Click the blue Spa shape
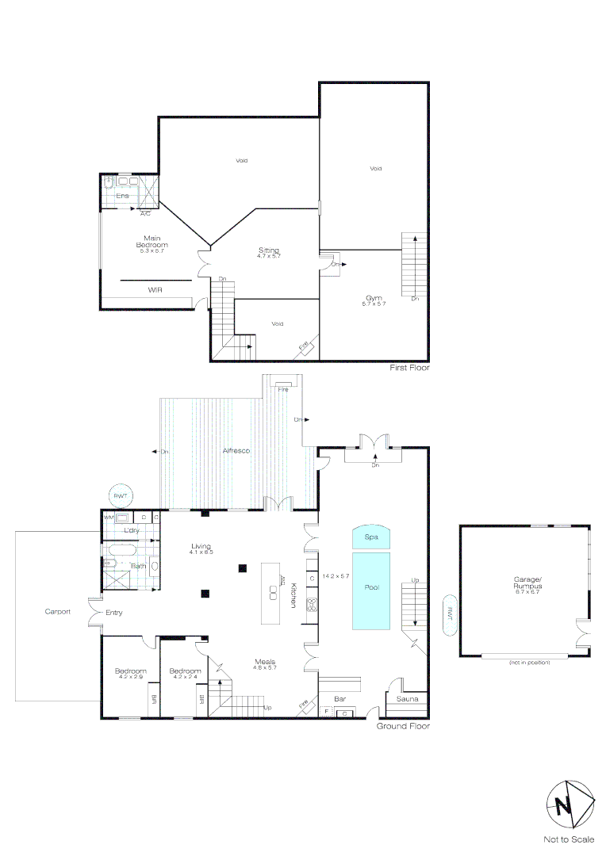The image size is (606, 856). (370, 537)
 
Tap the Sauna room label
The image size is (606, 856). (407, 698)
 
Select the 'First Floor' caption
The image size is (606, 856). (409, 368)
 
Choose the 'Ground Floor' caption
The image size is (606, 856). (403, 725)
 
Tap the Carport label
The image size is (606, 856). (57, 611)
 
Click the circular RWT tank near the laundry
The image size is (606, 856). (121, 495)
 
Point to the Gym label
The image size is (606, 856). (374, 299)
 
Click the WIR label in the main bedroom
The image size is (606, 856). (155, 291)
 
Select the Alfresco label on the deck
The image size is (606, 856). (236, 450)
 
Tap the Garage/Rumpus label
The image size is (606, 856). (527, 583)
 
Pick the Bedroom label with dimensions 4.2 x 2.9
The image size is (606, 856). (129, 673)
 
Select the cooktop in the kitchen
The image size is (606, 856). (313, 605)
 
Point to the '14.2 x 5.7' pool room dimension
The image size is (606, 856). (336, 576)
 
